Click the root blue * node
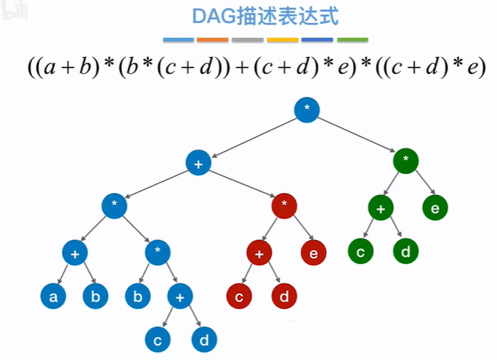click(307, 110)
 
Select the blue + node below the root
click(198, 163)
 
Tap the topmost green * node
click(405, 160)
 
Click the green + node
click(381, 208)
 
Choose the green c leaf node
click(361, 251)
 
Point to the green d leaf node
click(406, 251)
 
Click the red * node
click(284, 205)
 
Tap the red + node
click(259, 253)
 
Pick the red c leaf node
click(239, 297)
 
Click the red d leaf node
click(284, 297)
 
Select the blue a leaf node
click(53, 297)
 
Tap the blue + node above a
click(74, 253)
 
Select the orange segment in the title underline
click(213, 40)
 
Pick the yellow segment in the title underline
click(283, 40)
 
